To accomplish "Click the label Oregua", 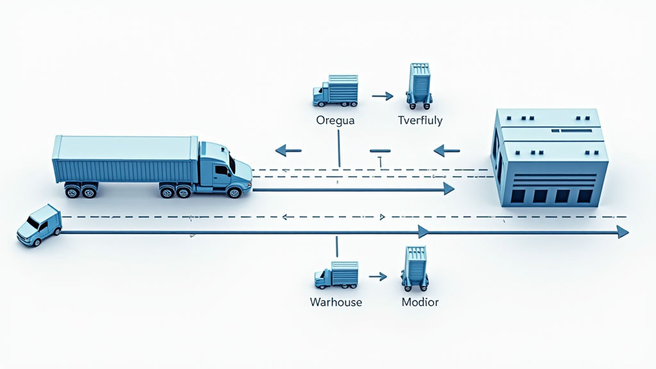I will [336, 120].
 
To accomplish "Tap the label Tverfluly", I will [420, 120].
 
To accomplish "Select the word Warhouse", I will [336, 302].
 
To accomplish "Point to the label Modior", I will [420, 302].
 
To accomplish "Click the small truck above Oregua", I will [335, 91].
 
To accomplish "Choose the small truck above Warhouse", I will [336, 275].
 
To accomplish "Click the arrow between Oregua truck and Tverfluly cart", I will [382, 96].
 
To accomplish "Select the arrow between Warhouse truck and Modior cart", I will [378, 277].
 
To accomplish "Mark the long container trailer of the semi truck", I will [126, 160].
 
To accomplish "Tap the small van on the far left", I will [39, 225].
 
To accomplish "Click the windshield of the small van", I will [32, 222].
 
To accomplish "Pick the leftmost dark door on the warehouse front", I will [517, 195].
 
